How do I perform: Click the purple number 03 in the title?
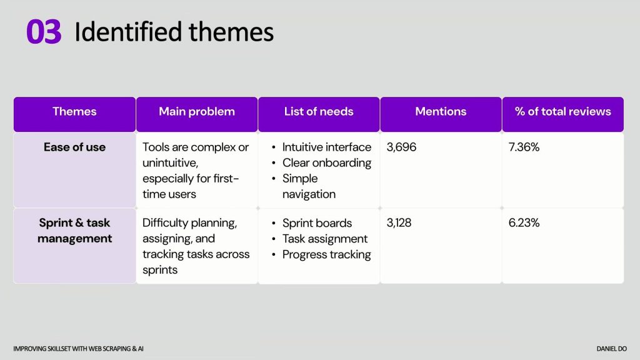point(44,31)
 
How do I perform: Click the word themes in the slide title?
point(231,32)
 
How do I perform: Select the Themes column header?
point(75,111)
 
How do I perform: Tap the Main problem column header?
point(197,111)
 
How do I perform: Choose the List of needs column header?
point(319,111)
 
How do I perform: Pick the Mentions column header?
point(441,111)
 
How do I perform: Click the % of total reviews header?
point(563,111)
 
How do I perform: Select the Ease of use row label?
point(75,147)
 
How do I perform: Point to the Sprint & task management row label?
point(75,231)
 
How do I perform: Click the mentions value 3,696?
point(401,147)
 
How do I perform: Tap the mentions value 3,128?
point(399,223)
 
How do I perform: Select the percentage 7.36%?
point(524,147)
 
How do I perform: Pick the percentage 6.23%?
point(524,223)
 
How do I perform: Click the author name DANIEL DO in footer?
point(611,349)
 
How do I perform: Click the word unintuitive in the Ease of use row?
point(170,163)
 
